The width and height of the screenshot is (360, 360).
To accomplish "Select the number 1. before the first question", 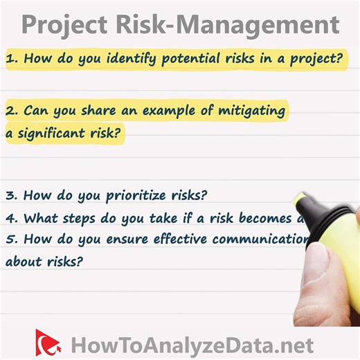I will pos(12,60).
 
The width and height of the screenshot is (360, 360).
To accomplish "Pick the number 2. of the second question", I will pos(12,111).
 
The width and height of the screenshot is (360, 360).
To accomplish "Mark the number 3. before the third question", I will pos(12,195).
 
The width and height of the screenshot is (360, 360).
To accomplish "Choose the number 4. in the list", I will pos(12,218).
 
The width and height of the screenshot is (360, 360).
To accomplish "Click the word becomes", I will pos(259,218).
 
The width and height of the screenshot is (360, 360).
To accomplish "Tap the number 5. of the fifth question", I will pos(12,240).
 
